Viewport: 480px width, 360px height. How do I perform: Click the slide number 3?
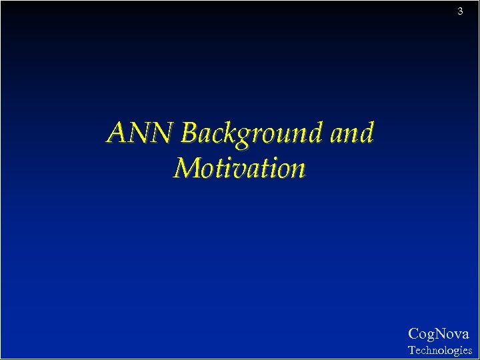click(x=460, y=11)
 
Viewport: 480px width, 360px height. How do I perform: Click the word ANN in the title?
click(x=140, y=133)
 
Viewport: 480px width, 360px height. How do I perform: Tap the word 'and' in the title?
click(x=351, y=133)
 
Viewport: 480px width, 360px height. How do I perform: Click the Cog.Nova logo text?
click(x=438, y=334)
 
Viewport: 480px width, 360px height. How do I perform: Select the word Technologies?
click(x=439, y=350)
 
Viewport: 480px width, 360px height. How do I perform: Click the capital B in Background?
click(x=189, y=133)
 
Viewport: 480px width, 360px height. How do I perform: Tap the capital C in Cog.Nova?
click(x=413, y=334)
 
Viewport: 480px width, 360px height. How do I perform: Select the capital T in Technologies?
click(x=411, y=350)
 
